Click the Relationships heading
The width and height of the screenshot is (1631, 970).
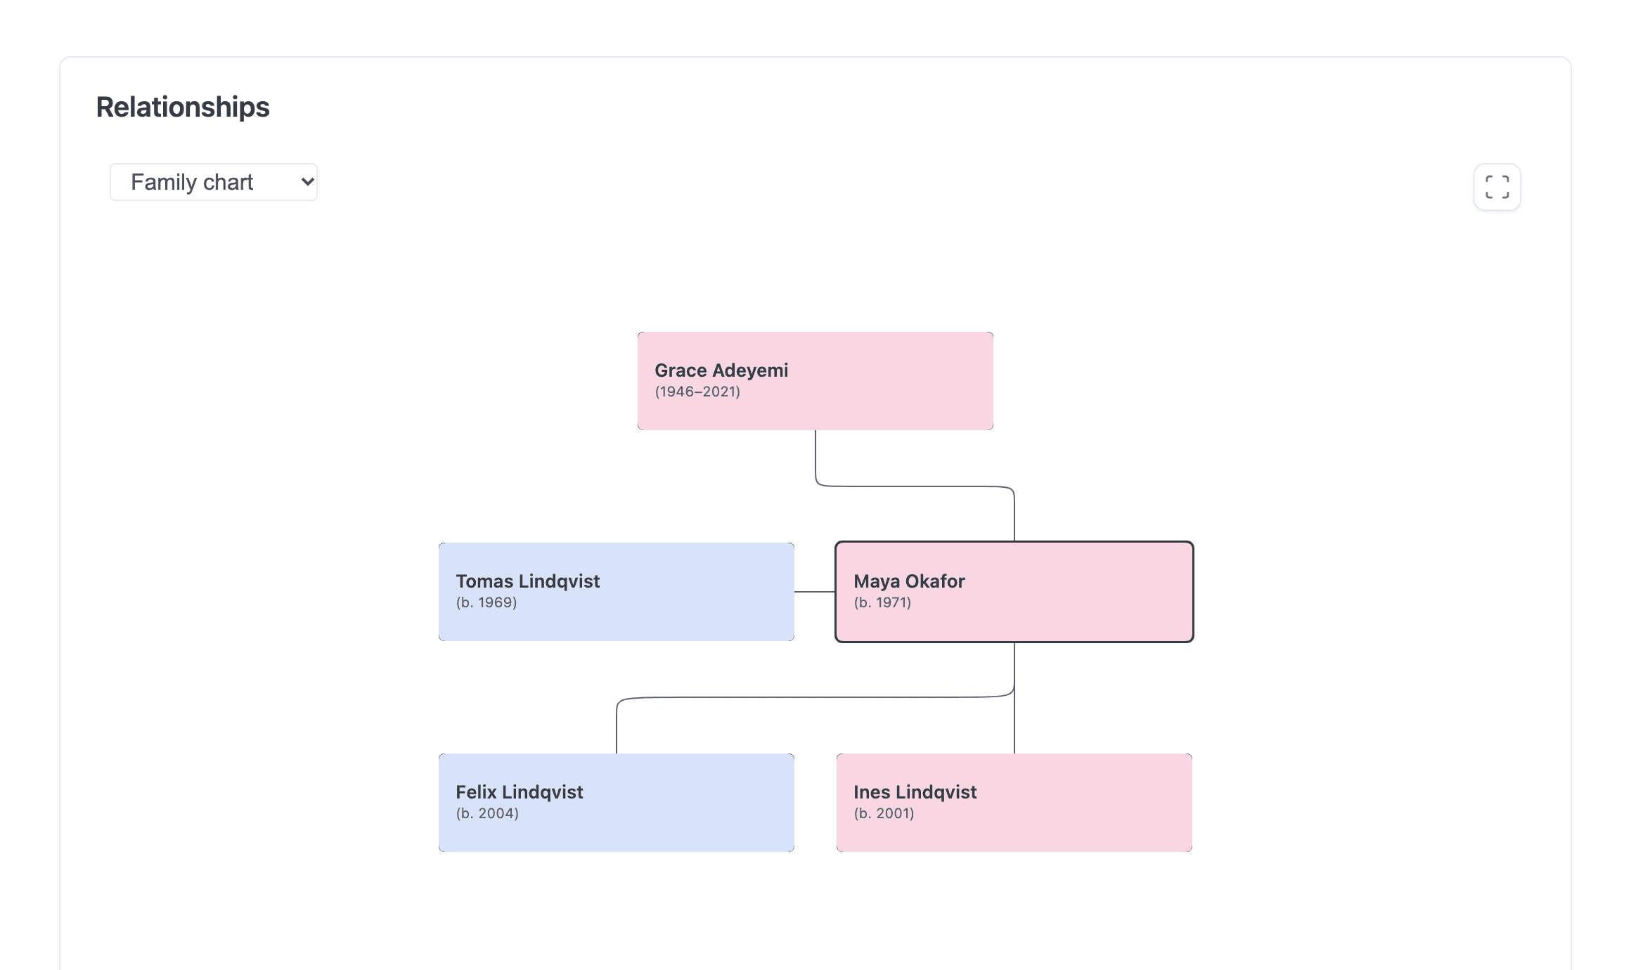coord(183,107)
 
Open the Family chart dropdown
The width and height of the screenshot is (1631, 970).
coord(214,182)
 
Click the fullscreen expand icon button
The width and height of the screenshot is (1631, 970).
coord(1497,187)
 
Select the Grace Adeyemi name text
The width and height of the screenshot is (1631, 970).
coord(721,370)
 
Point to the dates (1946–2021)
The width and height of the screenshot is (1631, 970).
coord(697,392)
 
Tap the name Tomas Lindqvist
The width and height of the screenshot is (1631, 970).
coord(527,581)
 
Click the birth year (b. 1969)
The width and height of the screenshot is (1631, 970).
coord(486,602)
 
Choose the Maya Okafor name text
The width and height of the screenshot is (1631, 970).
coord(909,581)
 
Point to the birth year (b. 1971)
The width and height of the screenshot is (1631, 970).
coord(882,602)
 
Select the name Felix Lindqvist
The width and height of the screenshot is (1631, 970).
coord(520,792)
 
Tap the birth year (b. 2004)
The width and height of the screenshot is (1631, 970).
coord(487,813)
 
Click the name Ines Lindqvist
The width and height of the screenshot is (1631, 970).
coord(915,792)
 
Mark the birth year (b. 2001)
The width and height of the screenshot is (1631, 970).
coord(884,813)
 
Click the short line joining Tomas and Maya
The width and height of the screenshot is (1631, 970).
coord(815,592)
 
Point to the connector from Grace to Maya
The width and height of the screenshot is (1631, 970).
coord(914,486)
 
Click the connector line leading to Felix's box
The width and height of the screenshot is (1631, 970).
coord(815,697)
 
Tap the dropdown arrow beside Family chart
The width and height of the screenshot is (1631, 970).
coord(307,182)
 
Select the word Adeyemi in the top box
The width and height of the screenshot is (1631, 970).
coord(750,370)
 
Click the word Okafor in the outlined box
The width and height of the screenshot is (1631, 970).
coord(934,581)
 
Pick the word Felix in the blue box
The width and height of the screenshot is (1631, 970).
coord(476,792)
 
